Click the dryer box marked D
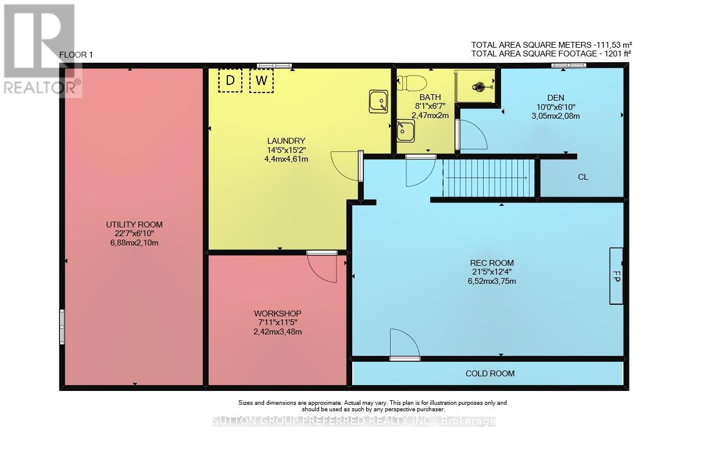pos(230,81)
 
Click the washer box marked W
pos(262,81)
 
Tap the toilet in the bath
pos(412,83)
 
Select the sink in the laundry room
pos(378,102)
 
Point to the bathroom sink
pos(406,131)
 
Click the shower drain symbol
pos(478,86)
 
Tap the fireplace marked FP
pos(616,276)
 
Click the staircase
pos(488,179)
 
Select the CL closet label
pos(583,177)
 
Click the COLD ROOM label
pos(490,373)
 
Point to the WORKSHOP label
pos(277,313)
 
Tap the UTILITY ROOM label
pos(134,225)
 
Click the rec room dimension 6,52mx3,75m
pos(492,281)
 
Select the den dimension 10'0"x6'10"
pos(556,107)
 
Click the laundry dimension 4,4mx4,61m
pos(286,159)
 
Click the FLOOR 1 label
pos(76,55)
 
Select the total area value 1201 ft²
pos(617,54)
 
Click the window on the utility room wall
pos(62,327)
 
